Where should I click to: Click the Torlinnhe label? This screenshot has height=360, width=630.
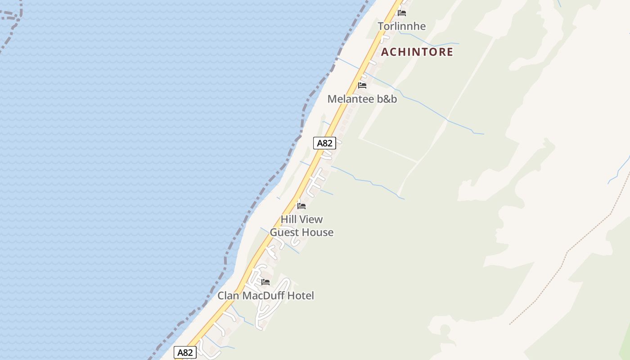401,26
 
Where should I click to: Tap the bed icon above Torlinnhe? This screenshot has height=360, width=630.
402,13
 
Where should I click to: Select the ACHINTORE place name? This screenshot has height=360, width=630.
417,52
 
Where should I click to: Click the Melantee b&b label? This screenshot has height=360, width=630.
362,99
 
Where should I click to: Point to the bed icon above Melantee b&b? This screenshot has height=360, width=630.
362,85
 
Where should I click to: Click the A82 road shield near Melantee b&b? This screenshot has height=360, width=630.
324,143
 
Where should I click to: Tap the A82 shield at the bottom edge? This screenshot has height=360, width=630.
185,352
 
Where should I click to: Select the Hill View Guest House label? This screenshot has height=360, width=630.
301,226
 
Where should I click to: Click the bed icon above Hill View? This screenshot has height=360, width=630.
301,206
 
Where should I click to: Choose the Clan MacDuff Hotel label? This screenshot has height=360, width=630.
265,296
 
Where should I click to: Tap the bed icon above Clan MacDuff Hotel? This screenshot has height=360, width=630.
265,282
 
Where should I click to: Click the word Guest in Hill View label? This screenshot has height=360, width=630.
284,233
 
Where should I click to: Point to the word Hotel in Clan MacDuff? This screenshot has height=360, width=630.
301,296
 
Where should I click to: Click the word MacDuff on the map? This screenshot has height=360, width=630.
263,296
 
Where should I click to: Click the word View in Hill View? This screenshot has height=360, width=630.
310,220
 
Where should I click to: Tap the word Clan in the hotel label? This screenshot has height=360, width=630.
229,296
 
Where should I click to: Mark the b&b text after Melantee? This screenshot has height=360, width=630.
387,99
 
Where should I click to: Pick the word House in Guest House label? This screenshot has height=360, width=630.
318,233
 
